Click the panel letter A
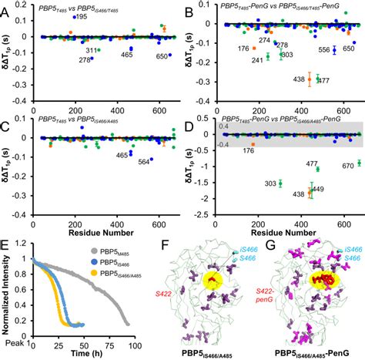[x=6, y=7]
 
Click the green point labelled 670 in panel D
[x=359, y=163]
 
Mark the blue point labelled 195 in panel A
[x=72, y=17]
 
